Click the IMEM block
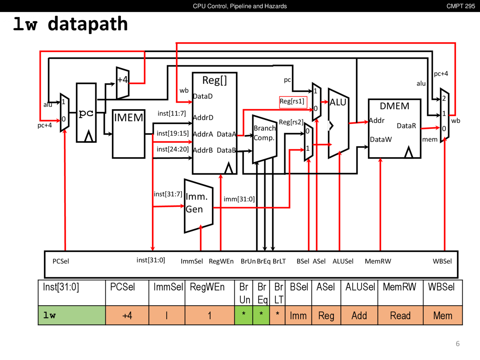[129, 133]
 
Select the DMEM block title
[394, 106]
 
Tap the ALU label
[338, 102]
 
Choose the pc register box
[86, 113]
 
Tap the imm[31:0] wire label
[239, 199]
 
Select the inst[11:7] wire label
[171, 114]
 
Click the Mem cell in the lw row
[442, 316]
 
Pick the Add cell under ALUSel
[359, 316]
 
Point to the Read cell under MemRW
[400, 316]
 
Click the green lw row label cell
[72, 315]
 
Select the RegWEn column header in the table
[207, 287]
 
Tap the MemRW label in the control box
[378, 261]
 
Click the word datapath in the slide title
[88, 24]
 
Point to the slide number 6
[457, 344]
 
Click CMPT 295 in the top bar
[460, 6]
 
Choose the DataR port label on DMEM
[406, 126]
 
